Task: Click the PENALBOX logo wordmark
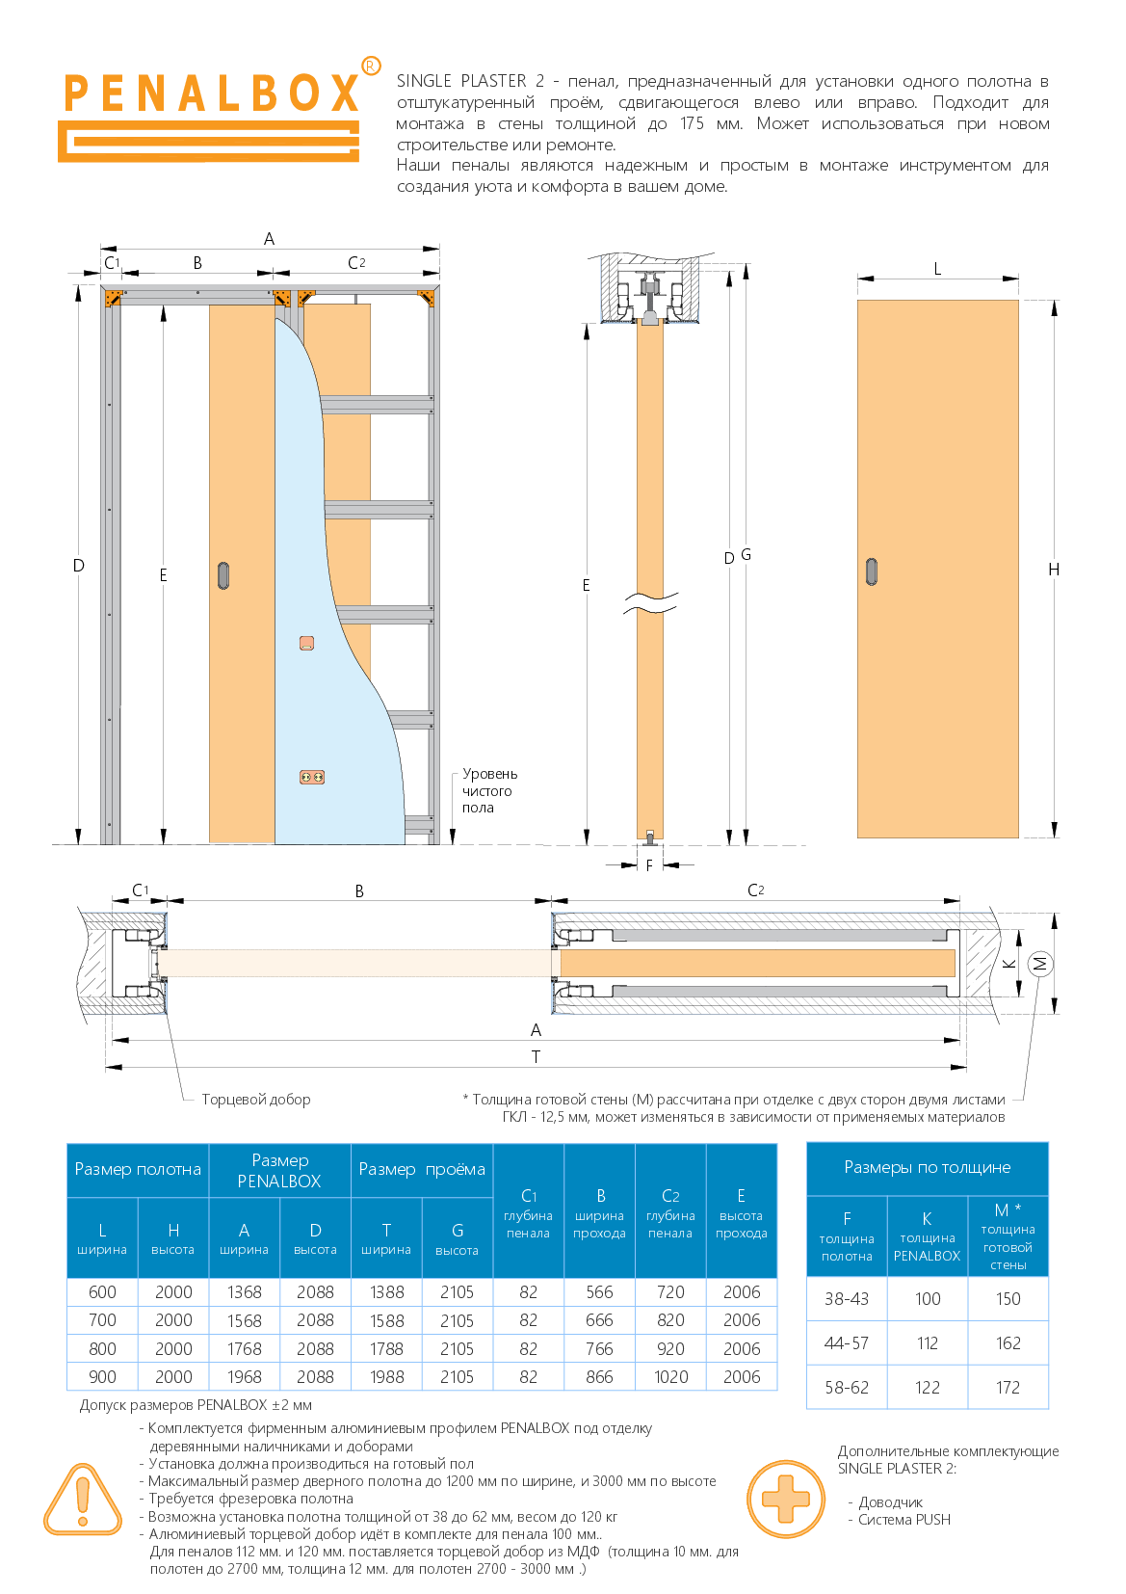click(211, 93)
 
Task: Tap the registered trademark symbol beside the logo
click(371, 66)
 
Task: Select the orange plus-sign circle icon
click(785, 1499)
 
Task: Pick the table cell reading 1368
click(244, 1291)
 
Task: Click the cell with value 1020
click(670, 1377)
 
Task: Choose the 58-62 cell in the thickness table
click(847, 1387)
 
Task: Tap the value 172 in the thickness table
click(1008, 1387)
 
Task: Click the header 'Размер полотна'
click(138, 1169)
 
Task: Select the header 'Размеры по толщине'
click(927, 1167)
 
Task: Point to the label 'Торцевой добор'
click(256, 1100)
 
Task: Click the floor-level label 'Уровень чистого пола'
click(489, 790)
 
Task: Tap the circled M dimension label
click(1040, 964)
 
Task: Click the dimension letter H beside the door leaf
click(1054, 570)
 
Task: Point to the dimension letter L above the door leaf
click(937, 269)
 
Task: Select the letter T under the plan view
click(536, 1057)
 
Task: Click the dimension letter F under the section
click(648, 866)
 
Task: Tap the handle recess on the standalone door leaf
click(872, 571)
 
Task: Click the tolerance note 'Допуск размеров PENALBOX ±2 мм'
click(196, 1405)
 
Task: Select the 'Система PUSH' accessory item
click(904, 1519)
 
